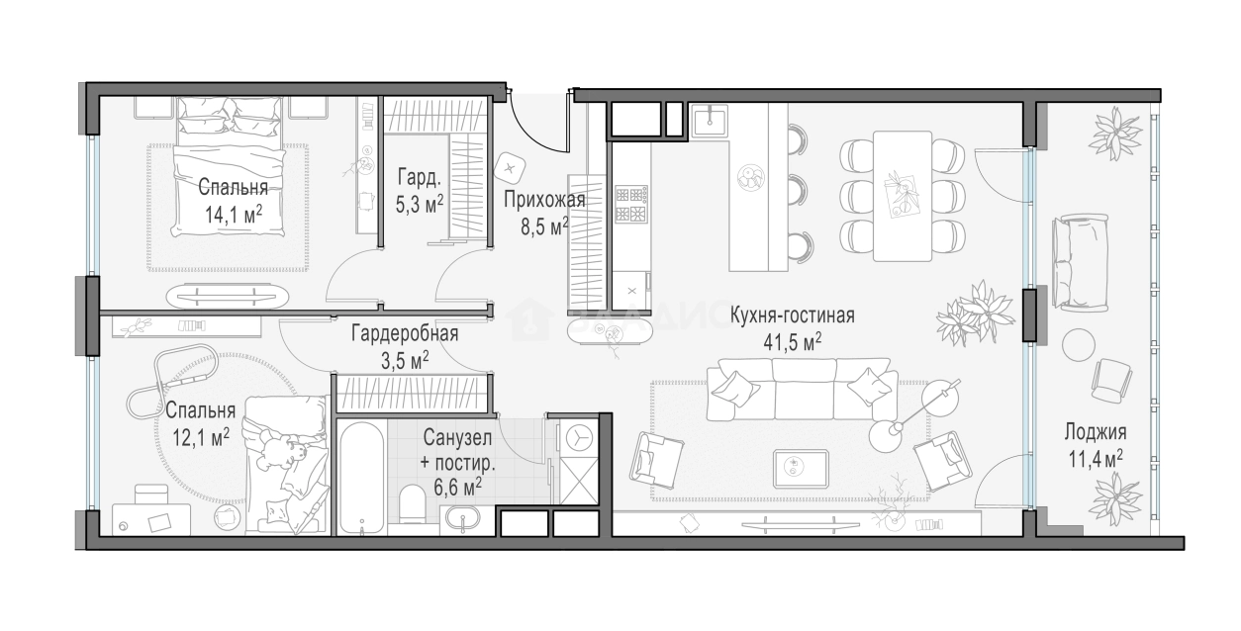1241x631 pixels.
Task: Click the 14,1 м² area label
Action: [234, 214]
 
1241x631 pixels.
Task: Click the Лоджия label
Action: [1096, 432]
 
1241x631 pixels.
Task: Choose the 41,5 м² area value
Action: [793, 341]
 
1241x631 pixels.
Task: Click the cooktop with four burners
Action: [630, 203]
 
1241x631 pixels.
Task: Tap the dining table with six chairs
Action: [902, 196]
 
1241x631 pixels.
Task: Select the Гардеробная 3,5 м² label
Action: [405, 345]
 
